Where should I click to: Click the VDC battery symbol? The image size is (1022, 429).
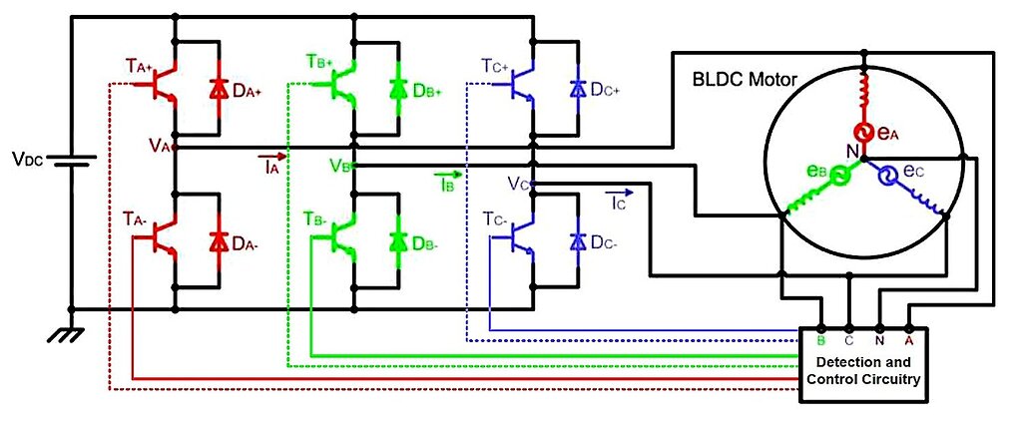(71, 160)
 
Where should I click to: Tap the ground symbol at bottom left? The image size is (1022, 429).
(68, 335)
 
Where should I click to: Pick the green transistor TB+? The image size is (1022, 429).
(342, 87)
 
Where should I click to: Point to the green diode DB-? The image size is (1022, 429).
(399, 240)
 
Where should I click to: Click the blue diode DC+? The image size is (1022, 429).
(576, 89)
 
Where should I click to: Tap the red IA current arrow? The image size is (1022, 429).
(272, 158)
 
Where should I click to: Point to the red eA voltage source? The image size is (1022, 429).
(863, 132)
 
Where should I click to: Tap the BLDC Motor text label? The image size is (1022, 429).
(742, 78)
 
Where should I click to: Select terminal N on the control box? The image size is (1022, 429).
(879, 337)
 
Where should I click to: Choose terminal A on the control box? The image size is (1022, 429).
(908, 337)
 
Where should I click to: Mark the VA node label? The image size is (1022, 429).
(160, 146)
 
